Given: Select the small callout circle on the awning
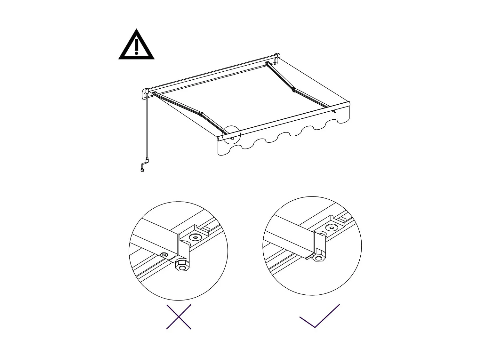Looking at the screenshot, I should click(x=231, y=135).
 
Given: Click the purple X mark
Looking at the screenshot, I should click(x=179, y=317).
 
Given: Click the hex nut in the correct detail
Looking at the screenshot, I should click(x=318, y=258).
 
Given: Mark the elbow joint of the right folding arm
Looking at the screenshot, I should click(x=293, y=89).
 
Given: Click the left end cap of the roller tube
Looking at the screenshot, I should click(x=145, y=94).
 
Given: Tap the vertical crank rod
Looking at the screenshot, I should click(x=148, y=128).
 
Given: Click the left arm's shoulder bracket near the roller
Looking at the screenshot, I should click(x=155, y=93).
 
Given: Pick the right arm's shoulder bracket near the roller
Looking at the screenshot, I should click(x=266, y=63).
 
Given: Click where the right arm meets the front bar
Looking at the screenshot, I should click(x=334, y=110).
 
